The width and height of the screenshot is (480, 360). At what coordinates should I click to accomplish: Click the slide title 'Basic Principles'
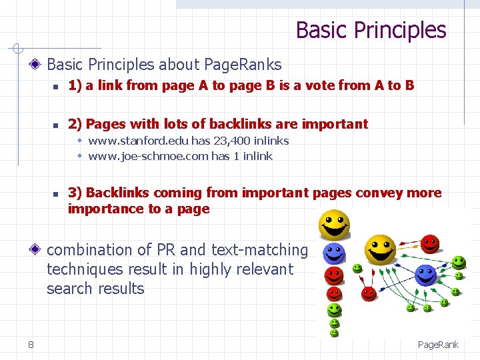pos(371,30)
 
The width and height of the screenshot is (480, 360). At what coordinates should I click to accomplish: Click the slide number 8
pos(31,344)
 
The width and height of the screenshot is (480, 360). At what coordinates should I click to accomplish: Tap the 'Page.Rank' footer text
pos(438,345)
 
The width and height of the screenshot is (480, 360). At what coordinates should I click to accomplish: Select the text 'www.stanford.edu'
pos(138,141)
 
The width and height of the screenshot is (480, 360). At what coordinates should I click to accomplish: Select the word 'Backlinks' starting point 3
pos(118,193)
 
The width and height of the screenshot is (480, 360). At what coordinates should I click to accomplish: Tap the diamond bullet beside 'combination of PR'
pos(36,251)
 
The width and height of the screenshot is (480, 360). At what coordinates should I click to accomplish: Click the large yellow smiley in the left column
pos(333,225)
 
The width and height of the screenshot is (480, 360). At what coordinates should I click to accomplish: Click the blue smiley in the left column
pos(333,253)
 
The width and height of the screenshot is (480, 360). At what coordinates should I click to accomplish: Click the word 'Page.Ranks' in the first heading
pos(243,65)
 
